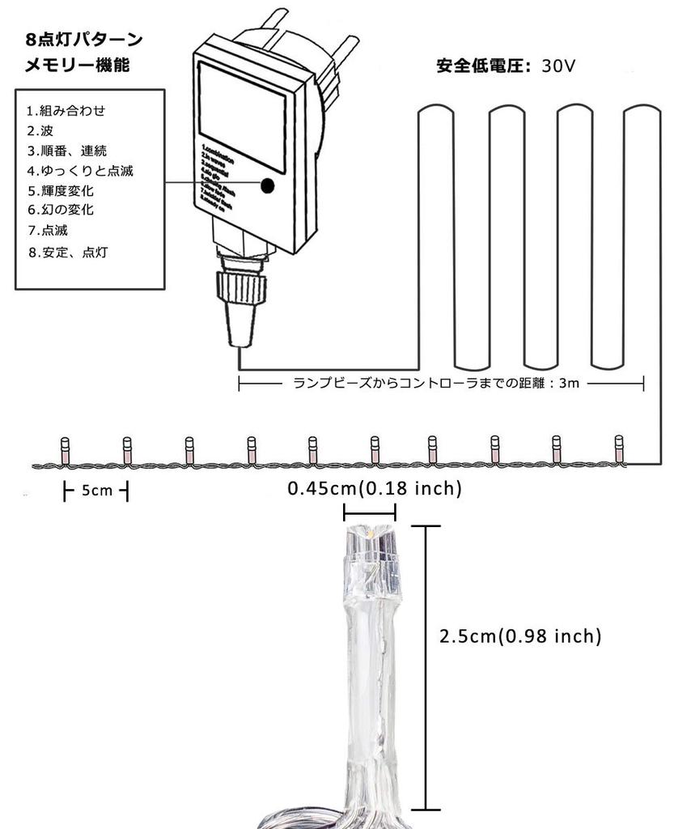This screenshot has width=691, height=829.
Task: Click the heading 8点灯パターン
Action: tap(83, 40)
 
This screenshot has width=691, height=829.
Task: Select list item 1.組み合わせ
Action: tap(66, 111)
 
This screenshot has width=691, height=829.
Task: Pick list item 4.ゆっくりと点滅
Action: tap(80, 170)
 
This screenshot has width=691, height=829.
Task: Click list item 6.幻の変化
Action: tap(61, 210)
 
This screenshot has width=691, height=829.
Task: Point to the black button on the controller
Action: tap(267, 185)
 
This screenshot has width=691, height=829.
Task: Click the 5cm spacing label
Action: tap(96, 491)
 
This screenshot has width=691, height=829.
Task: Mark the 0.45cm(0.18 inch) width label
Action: tap(375, 489)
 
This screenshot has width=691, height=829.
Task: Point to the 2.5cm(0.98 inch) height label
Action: tap(520, 636)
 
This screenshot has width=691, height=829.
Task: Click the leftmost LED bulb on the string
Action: tap(65, 449)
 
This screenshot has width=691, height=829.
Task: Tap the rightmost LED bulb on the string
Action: tap(619, 449)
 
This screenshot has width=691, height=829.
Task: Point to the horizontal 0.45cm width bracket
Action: tap(369, 512)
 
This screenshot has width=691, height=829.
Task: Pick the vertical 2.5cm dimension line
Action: tap(426, 667)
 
